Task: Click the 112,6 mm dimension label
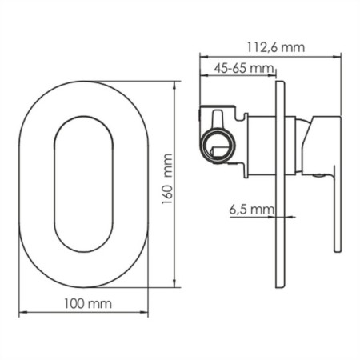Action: click(275, 47)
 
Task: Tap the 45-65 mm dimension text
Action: click(244, 69)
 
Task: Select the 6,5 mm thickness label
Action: click(251, 210)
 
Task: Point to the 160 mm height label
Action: click(167, 179)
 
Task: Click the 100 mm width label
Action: click(88, 304)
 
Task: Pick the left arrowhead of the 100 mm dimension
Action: click(22, 312)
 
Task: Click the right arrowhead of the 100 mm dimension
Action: click(144, 312)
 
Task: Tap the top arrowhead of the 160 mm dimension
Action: click(174, 85)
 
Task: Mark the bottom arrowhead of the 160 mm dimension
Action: click(174, 283)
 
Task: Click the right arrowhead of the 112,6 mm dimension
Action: click(338, 56)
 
